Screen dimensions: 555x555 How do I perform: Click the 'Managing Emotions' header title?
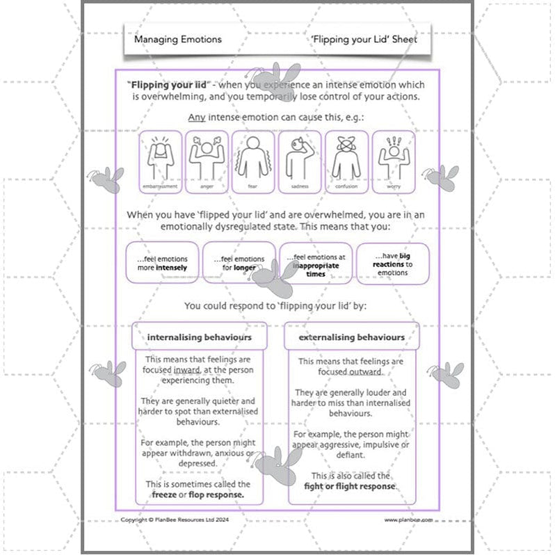coord(177,40)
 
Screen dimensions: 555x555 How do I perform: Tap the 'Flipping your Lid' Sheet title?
coord(364,40)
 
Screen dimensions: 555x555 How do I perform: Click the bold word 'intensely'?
coord(171,268)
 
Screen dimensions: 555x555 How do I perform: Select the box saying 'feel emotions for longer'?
coord(239,263)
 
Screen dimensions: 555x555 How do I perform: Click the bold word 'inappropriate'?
coord(316,266)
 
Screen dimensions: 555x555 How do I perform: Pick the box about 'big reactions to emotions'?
coord(393,263)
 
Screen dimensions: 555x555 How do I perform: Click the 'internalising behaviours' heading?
coord(199,338)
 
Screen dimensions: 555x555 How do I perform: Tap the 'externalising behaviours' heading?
coord(351,338)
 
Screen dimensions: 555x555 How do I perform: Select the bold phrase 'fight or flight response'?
coord(350,486)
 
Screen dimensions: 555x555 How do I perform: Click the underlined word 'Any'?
coord(196,117)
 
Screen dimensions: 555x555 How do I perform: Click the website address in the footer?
coord(408,519)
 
